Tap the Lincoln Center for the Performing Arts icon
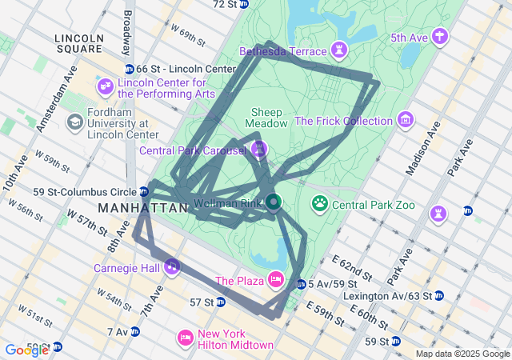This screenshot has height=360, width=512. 106,86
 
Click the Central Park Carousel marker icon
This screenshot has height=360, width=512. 258,150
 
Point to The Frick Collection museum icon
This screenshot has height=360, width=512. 406,121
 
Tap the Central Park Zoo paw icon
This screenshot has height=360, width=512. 321,204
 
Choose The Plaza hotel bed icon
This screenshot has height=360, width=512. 276,279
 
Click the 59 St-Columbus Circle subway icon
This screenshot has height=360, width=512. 143,191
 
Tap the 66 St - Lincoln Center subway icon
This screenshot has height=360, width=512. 130,70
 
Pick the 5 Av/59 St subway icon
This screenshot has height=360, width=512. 301,284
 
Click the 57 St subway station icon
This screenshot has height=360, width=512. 220,302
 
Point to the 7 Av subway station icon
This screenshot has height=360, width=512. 135,331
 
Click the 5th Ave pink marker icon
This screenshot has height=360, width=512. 438,36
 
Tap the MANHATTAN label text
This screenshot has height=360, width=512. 142,208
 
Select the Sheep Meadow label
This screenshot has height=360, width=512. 266,118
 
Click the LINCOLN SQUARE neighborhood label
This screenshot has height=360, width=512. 79,43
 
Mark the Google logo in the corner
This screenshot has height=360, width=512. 26,350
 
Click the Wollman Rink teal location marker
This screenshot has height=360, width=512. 273,202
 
